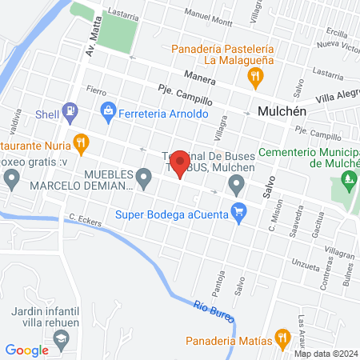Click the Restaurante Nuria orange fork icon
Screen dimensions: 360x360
80,145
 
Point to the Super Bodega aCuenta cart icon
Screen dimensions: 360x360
238,212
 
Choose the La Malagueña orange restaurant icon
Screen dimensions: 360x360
255,77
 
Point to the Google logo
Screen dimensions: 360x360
26,350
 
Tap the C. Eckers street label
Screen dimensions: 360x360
86,218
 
